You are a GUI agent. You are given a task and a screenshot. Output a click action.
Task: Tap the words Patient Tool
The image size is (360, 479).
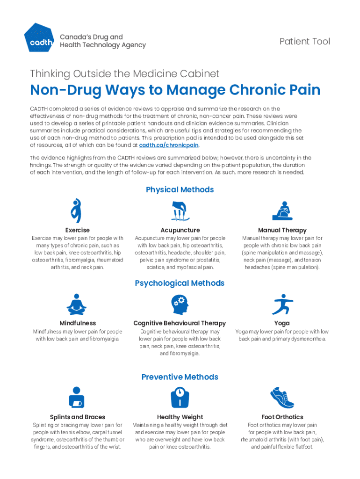[304, 42]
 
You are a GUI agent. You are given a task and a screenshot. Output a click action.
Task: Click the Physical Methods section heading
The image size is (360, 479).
[180, 189]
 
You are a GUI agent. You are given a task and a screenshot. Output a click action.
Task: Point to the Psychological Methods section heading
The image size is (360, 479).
[180, 283]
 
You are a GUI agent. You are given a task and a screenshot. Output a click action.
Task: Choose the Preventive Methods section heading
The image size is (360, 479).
[180, 377]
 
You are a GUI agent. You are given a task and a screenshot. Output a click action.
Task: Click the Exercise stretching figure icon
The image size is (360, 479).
[76, 210]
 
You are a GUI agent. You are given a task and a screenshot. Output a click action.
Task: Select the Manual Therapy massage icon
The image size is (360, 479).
[282, 211]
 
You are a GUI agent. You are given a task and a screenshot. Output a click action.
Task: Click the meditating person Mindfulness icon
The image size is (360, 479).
[77, 305]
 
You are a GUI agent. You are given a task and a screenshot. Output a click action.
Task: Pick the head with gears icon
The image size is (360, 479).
[180, 305]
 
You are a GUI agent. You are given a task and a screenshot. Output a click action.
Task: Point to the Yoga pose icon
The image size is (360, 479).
[282, 305]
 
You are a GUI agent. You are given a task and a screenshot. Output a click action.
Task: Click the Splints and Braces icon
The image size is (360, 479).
[76, 398]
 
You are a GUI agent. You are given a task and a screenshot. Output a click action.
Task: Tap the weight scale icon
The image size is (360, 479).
[180, 398]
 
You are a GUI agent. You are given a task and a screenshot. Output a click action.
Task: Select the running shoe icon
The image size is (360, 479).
[282, 398]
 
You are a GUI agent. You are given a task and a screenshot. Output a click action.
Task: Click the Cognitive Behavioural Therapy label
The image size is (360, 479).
[180, 323]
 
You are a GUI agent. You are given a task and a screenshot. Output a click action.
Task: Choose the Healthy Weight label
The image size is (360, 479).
[180, 417]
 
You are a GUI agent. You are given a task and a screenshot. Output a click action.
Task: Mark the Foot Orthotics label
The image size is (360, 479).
[282, 417]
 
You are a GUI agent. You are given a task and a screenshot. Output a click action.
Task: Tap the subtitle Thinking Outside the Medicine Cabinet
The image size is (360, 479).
[124, 73]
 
